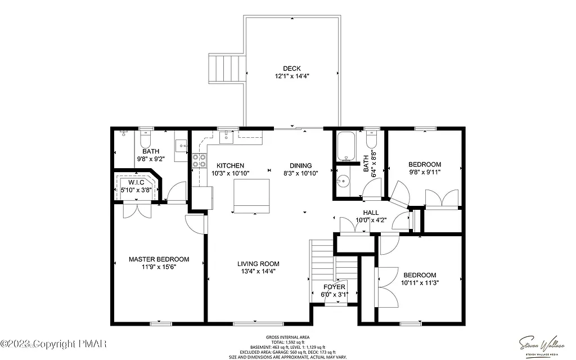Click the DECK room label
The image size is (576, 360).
(x=291, y=69)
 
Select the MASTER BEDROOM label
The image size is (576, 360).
(x=159, y=259)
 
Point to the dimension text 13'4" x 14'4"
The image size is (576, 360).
(x=258, y=271)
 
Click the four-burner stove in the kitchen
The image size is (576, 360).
(x=200, y=161)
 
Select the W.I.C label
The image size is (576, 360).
(x=136, y=182)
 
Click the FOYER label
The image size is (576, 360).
(x=334, y=287)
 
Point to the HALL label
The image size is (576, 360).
(x=371, y=213)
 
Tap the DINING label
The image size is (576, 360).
(x=301, y=165)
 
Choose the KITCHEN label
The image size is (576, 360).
(x=231, y=165)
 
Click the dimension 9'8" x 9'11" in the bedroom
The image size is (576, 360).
(x=424, y=172)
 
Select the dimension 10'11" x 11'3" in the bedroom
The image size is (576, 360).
(x=420, y=283)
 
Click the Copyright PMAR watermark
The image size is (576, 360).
(x=56, y=343)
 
